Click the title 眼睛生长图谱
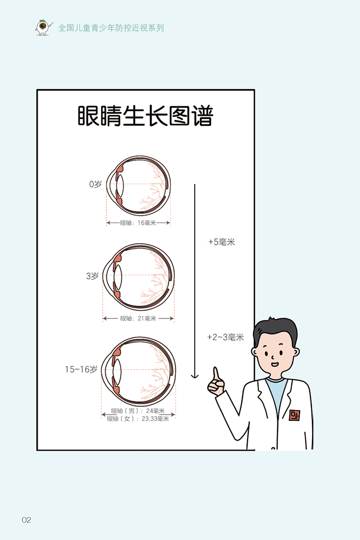(145, 116)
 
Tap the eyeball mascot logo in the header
(43, 27)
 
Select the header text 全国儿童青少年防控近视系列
(111, 28)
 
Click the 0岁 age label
(95, 185)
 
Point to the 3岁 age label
(92, 276)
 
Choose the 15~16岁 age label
(81, 369)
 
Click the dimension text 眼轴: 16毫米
(138, 223)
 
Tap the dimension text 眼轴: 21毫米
(138, 319)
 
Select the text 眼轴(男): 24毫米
(138, 411)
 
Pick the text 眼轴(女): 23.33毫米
(138, 419)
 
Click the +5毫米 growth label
(222, 242)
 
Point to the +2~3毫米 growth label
(226, 337)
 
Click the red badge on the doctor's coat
(295, 415)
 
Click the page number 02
(26, 520)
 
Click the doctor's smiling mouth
(275, 364)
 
